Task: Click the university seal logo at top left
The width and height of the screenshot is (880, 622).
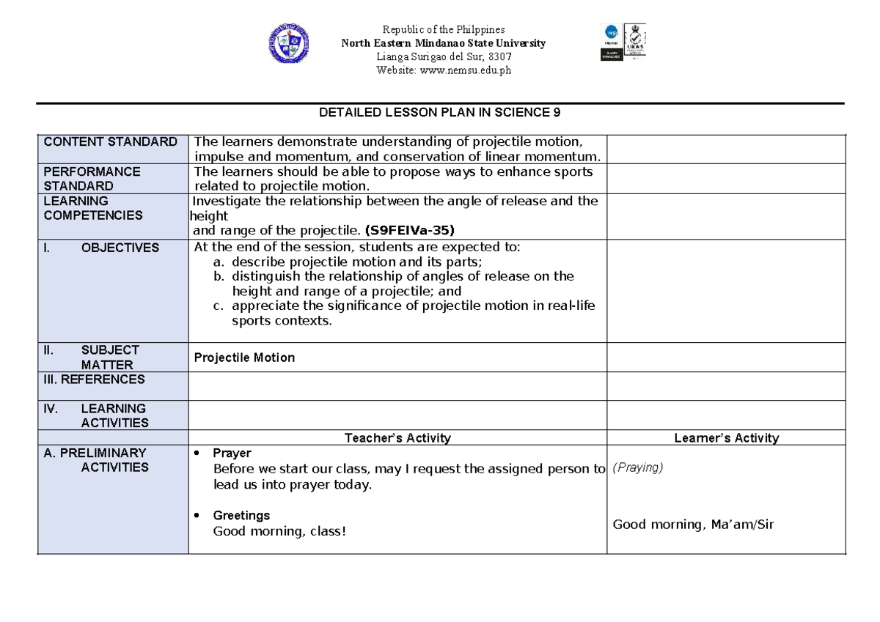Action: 288,42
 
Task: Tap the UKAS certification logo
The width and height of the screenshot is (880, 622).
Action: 634,42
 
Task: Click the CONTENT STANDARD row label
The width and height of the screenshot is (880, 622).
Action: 111,141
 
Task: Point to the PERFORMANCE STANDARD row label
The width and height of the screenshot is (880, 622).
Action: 92,178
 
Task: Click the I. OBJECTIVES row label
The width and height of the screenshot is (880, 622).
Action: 101,248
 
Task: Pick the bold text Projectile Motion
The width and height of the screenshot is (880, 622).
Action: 244,358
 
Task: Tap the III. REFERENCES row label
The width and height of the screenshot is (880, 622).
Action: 95,380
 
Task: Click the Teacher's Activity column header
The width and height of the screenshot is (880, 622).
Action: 397,438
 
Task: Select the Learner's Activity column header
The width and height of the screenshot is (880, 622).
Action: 726,438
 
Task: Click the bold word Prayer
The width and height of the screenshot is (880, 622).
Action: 232,453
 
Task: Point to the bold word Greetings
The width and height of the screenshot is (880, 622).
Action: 241,516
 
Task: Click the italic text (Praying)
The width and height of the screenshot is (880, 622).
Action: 637,467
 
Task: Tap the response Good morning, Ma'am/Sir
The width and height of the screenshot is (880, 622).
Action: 693,524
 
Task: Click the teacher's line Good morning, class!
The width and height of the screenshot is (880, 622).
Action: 279,530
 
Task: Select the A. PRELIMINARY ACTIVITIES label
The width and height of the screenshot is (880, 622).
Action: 95,460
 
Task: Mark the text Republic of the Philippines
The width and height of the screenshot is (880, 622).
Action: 444,30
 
